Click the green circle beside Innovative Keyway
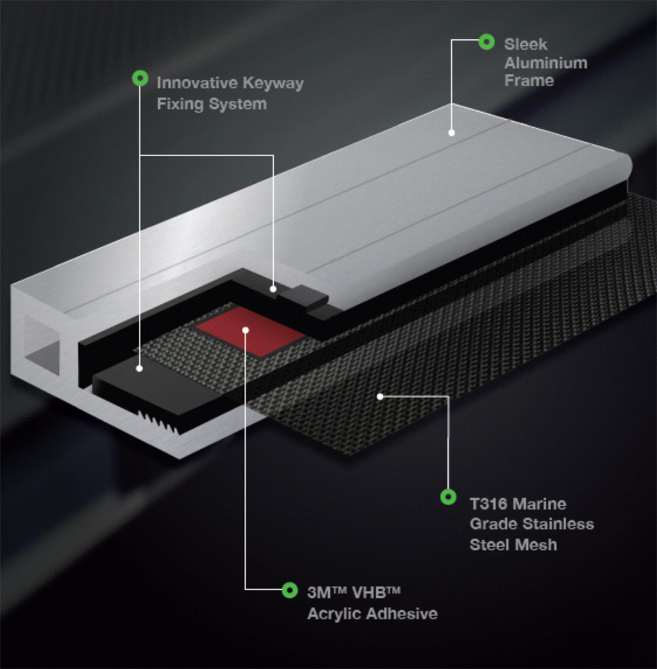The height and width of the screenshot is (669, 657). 140,79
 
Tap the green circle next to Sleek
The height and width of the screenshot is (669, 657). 486,42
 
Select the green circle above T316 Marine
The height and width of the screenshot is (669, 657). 449,497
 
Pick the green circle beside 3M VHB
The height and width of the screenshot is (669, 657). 289,590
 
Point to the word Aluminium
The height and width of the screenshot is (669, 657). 545,63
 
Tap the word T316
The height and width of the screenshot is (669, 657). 487,504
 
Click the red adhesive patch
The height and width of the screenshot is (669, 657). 251,331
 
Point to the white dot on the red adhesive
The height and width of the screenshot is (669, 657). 245,330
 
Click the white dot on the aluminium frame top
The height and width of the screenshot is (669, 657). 451,133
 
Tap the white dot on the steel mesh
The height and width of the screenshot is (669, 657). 380,397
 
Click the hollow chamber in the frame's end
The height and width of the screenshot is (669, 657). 42,346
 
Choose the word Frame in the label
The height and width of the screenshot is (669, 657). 529,81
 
